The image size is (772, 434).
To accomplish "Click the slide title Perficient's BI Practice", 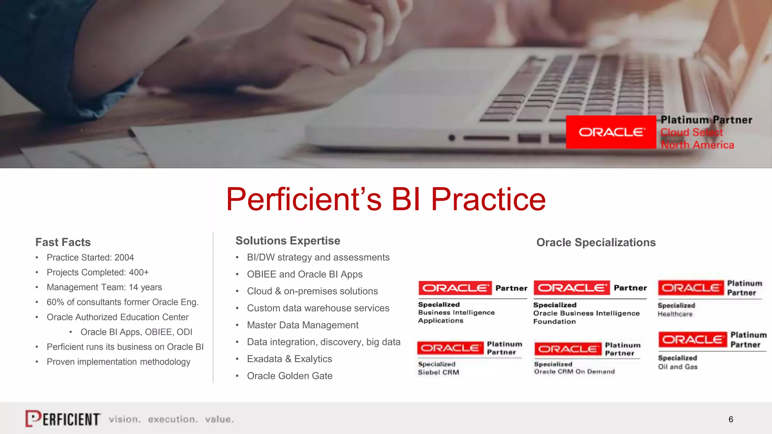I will point(386,199).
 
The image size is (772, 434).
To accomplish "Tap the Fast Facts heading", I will point(63,242).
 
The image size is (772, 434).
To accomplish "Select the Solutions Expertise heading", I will point(288,241).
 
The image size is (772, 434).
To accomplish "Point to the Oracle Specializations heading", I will point(596,243).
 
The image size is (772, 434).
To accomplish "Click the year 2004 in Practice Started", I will point(124,258).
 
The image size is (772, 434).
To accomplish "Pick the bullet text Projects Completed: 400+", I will point(98,272).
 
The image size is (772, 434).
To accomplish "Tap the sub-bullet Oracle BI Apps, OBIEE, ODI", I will point(136,332).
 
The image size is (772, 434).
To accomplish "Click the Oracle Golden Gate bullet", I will point(289,376).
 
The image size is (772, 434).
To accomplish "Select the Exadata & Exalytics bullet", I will point(289,359).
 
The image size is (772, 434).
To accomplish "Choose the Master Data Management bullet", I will point(302,325).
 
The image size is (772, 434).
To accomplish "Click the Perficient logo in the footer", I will point(63,419).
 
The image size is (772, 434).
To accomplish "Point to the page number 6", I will point(731,420).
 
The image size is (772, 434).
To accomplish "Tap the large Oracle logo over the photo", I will point(611,132).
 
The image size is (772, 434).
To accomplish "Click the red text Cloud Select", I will point(691,133).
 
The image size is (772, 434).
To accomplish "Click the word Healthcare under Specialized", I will point(675,314).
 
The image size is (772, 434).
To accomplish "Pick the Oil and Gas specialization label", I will point(677,367).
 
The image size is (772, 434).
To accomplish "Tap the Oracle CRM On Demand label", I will point(574,372).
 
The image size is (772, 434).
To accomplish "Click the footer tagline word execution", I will point(172,419).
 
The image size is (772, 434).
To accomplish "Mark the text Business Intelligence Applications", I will point(456,316).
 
